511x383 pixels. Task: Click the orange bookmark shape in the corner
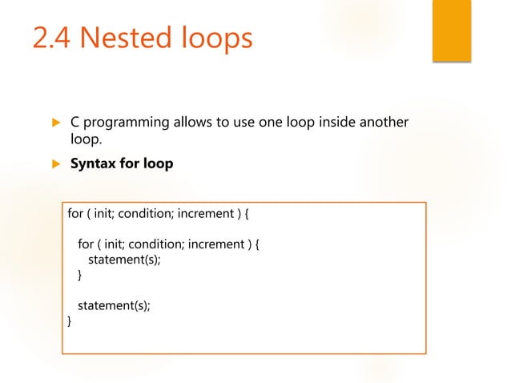tap(451, 30)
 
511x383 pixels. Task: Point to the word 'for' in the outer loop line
tap(74, 215)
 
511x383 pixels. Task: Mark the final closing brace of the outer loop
tap(69, 321)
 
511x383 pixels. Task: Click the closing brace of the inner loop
tap(79, 275)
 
